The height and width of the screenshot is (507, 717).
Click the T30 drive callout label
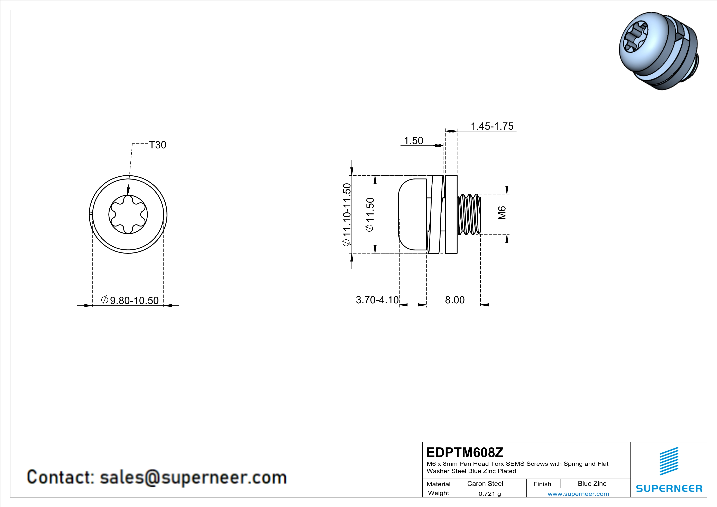click(158, 145)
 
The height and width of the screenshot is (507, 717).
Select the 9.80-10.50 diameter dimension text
click(130, 300)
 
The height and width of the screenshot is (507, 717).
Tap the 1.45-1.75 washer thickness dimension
click(492, 126)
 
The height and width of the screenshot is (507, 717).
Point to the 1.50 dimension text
click(413, 141)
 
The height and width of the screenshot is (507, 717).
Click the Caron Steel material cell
click(485, 483)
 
